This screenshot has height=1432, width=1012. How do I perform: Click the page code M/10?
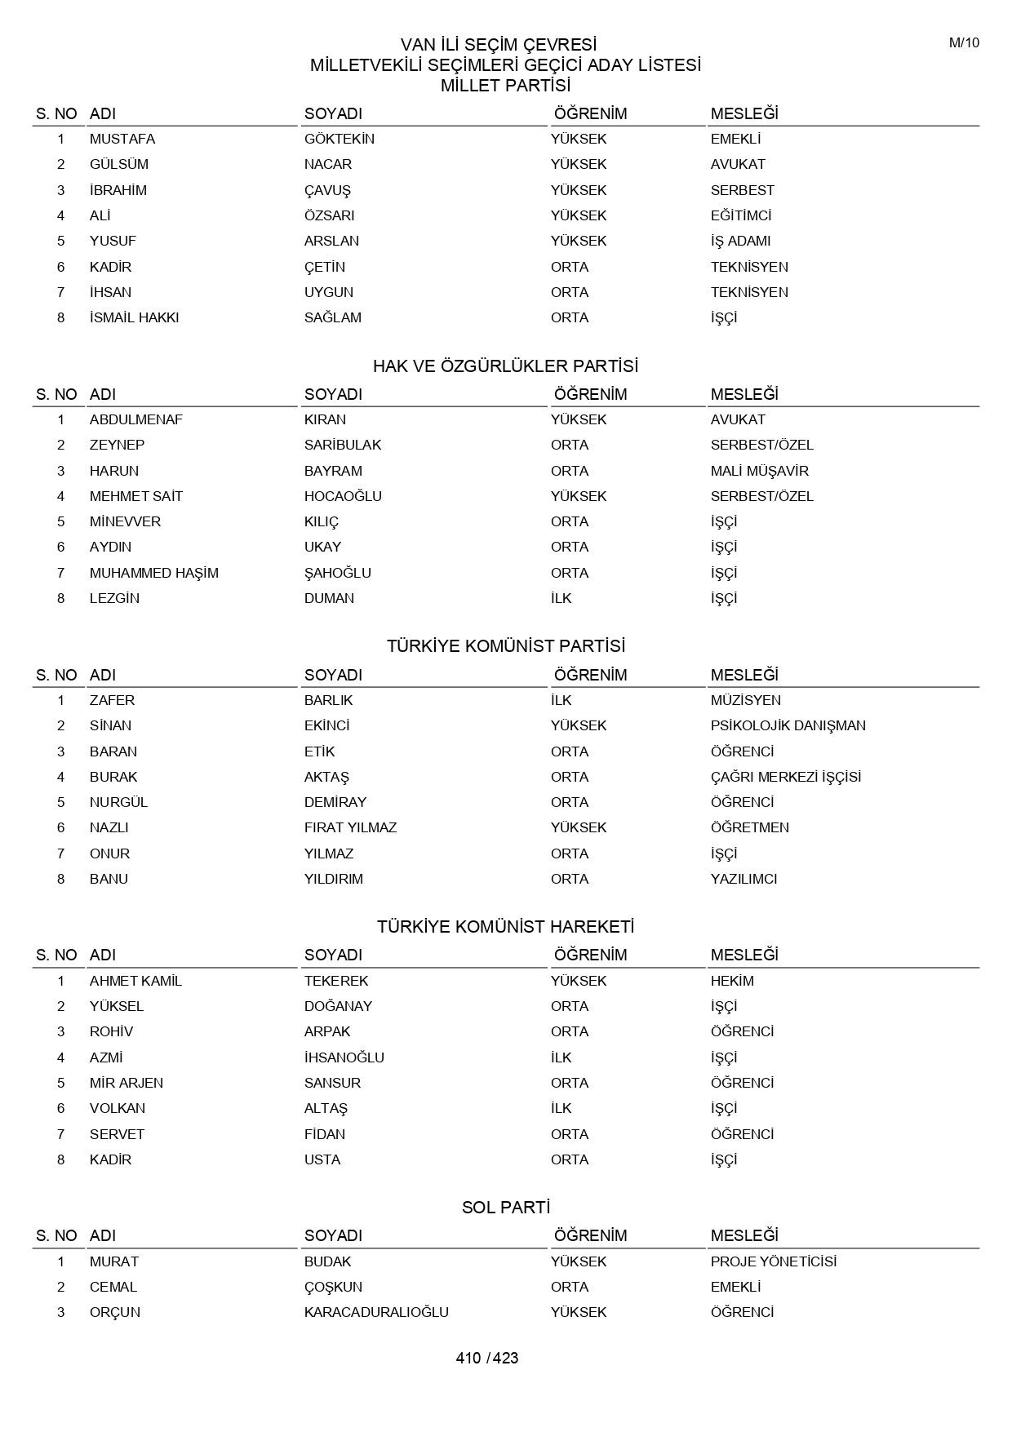(963, 43)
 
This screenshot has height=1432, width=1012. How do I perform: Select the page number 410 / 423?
(487, 1358)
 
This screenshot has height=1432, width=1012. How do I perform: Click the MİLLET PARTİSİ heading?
(505, 86)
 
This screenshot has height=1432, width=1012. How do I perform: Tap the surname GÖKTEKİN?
(339, 139)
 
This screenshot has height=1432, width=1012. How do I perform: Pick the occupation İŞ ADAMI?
(740, 241)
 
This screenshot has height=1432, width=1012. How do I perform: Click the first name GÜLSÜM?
(118, 164)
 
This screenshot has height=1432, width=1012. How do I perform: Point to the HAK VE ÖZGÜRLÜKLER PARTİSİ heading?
(505, 366)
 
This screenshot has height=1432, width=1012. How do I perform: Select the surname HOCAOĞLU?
(343, 496)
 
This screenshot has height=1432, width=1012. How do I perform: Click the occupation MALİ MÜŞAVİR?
(759, 471)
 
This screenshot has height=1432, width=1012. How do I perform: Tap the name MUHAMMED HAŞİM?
(153, 573)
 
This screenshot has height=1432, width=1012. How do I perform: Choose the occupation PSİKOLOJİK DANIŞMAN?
(788, 725)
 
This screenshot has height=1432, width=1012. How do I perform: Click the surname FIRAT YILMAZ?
(350, 827)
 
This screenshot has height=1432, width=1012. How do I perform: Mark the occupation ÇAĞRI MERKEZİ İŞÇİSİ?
(785, 777)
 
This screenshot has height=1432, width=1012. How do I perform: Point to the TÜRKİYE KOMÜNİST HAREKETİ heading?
(505, 927)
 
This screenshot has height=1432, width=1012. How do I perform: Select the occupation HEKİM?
(731, 981)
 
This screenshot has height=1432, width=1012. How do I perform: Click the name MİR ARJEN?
(126, 1083)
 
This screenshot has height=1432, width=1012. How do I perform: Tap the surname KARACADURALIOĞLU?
(376, 1312)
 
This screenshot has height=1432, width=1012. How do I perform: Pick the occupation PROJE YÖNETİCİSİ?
(773, 1261)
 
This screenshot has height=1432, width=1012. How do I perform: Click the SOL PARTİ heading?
(505, 1208)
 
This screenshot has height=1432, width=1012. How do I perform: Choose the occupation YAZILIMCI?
(743, 879)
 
